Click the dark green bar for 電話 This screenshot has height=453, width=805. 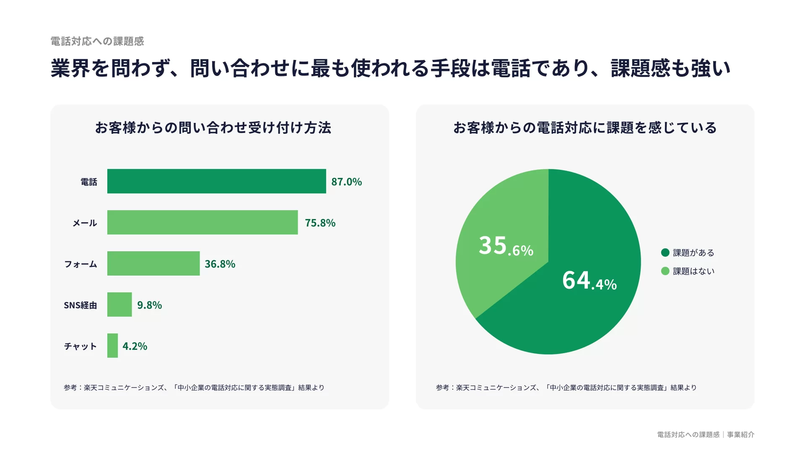pos(216,181)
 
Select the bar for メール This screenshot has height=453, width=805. pos(203,222)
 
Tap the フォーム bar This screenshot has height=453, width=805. pos(153,263)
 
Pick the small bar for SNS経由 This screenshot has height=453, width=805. pos(119,305)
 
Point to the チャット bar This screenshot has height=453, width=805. pos(112,346)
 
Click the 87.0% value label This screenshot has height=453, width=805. pos(346,182)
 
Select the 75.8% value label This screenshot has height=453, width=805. pos(320,223)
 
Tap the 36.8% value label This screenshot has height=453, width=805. pos(220,264)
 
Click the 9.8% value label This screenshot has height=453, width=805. pos(149,305)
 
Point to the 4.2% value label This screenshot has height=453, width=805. pos(135,346)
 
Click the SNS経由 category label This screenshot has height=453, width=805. pos(80,305)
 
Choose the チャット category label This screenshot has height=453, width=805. pos(80,346)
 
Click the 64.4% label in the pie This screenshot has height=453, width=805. pos(589,281)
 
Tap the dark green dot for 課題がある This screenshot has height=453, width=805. pos(665,253)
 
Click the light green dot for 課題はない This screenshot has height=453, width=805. pos(665,271)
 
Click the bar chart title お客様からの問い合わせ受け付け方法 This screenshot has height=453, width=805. pos(213,128)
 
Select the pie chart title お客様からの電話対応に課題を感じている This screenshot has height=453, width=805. pos(585,128)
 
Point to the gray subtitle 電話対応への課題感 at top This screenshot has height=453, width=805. pos(97,41)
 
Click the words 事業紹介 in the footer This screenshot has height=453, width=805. pos(740,435)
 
